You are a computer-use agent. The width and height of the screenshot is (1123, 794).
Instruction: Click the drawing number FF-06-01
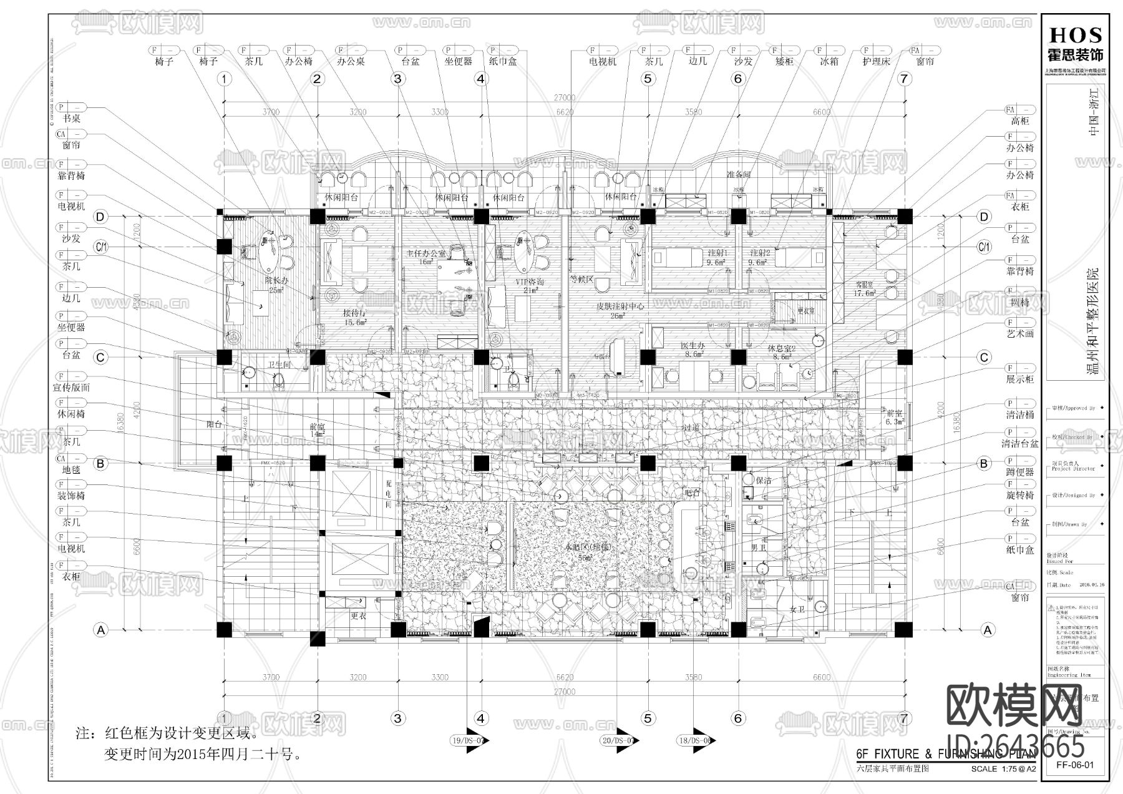1074,765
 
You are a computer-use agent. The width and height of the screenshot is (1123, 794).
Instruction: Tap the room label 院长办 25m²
275,285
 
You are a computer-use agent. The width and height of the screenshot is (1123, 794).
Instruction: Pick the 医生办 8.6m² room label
691,350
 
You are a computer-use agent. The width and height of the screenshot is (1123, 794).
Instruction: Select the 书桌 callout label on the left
71,118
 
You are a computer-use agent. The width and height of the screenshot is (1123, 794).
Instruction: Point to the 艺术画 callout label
1021,334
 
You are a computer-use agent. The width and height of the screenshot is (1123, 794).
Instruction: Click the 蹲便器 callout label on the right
1021,472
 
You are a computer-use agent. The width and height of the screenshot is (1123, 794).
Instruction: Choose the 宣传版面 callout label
71,388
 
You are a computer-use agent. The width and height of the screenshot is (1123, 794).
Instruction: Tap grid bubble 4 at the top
480,79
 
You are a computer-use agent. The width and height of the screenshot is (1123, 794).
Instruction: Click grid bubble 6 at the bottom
738,718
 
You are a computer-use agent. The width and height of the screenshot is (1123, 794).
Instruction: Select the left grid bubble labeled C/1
100,247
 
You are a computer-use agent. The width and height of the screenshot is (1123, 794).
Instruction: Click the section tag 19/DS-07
467,740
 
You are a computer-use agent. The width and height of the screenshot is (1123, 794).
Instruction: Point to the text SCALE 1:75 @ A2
1003,769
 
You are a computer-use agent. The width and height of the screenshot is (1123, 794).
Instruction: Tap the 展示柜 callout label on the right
1021,380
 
